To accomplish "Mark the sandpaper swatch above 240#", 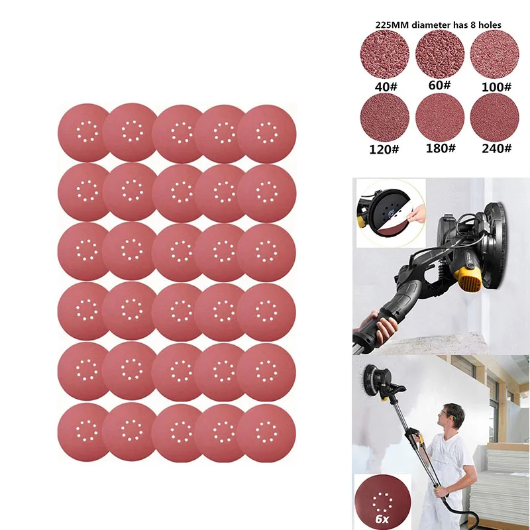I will pyautogui.click(x=493, y=118).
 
